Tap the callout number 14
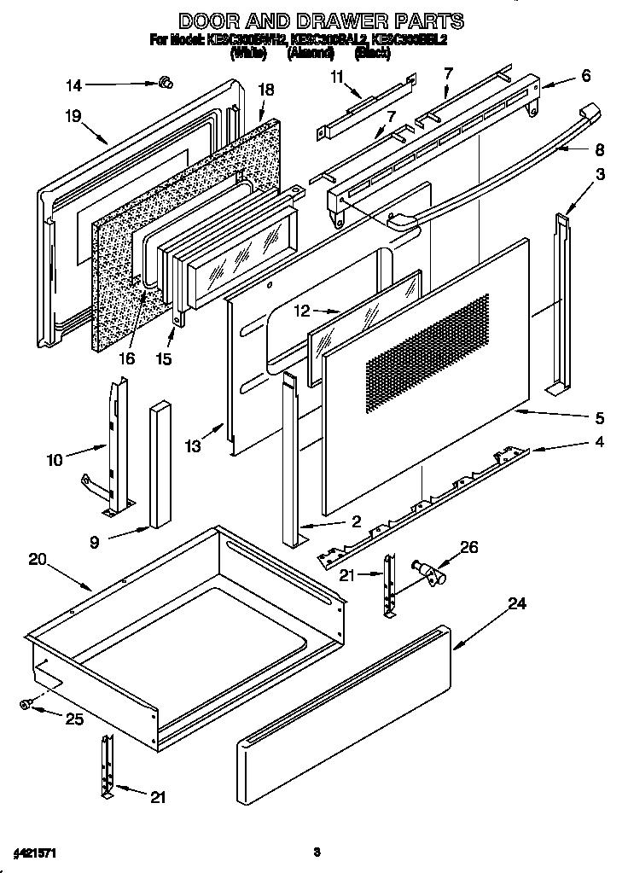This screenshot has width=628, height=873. [74, 84]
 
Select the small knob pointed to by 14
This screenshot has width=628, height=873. [166, 82]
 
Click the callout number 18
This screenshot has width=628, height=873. [265, 90]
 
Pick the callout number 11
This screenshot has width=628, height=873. [337, 77]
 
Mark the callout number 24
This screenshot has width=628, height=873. [516, 603]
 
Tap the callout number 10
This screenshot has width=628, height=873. [55, 460]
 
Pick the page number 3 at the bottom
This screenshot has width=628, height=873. [316, 852]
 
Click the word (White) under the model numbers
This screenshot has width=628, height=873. [248, 53]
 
